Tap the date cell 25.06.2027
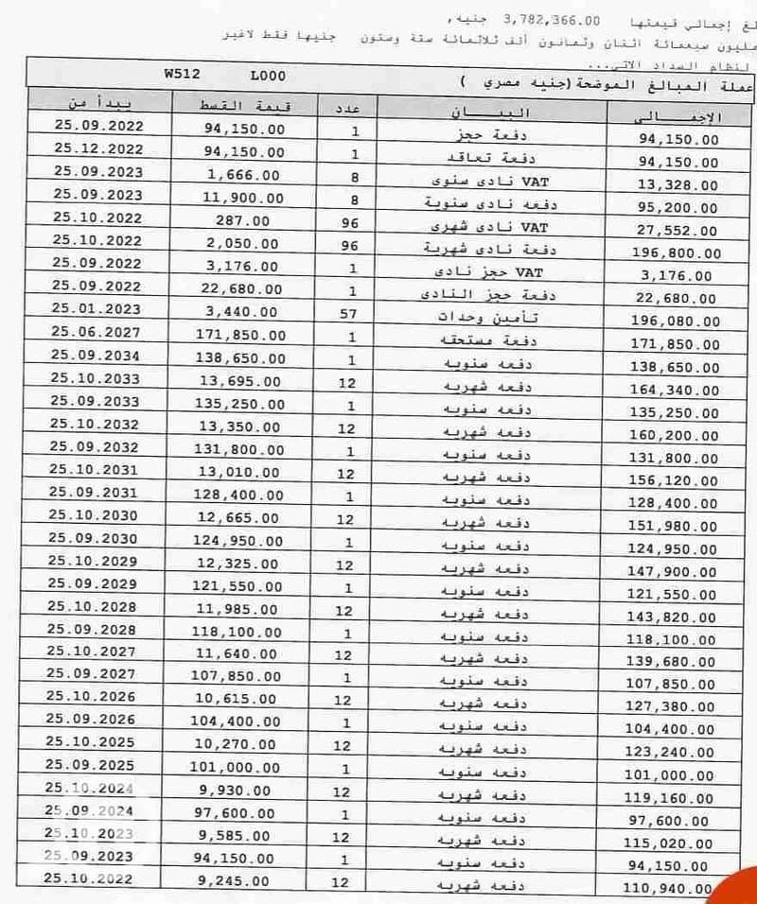[x=96, y=334]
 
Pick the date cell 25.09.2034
[x=96, y=357]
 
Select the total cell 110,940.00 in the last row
[x=670, y=889]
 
